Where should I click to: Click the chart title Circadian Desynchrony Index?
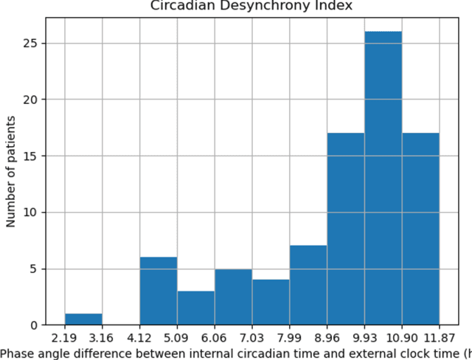[251, 6]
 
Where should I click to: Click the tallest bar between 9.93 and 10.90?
[383, 177]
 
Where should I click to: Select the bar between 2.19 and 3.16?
[83, 319]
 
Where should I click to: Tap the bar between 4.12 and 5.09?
[158, 291]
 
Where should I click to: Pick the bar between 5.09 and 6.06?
[195, 308]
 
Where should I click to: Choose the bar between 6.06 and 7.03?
[233, 297]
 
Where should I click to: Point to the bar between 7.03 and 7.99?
[271, 302]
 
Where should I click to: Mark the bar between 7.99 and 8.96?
[308, 285]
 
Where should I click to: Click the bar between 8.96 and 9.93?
[345, 229]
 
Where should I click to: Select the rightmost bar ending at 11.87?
[420, 229]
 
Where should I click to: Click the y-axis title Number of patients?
[11, 170]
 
